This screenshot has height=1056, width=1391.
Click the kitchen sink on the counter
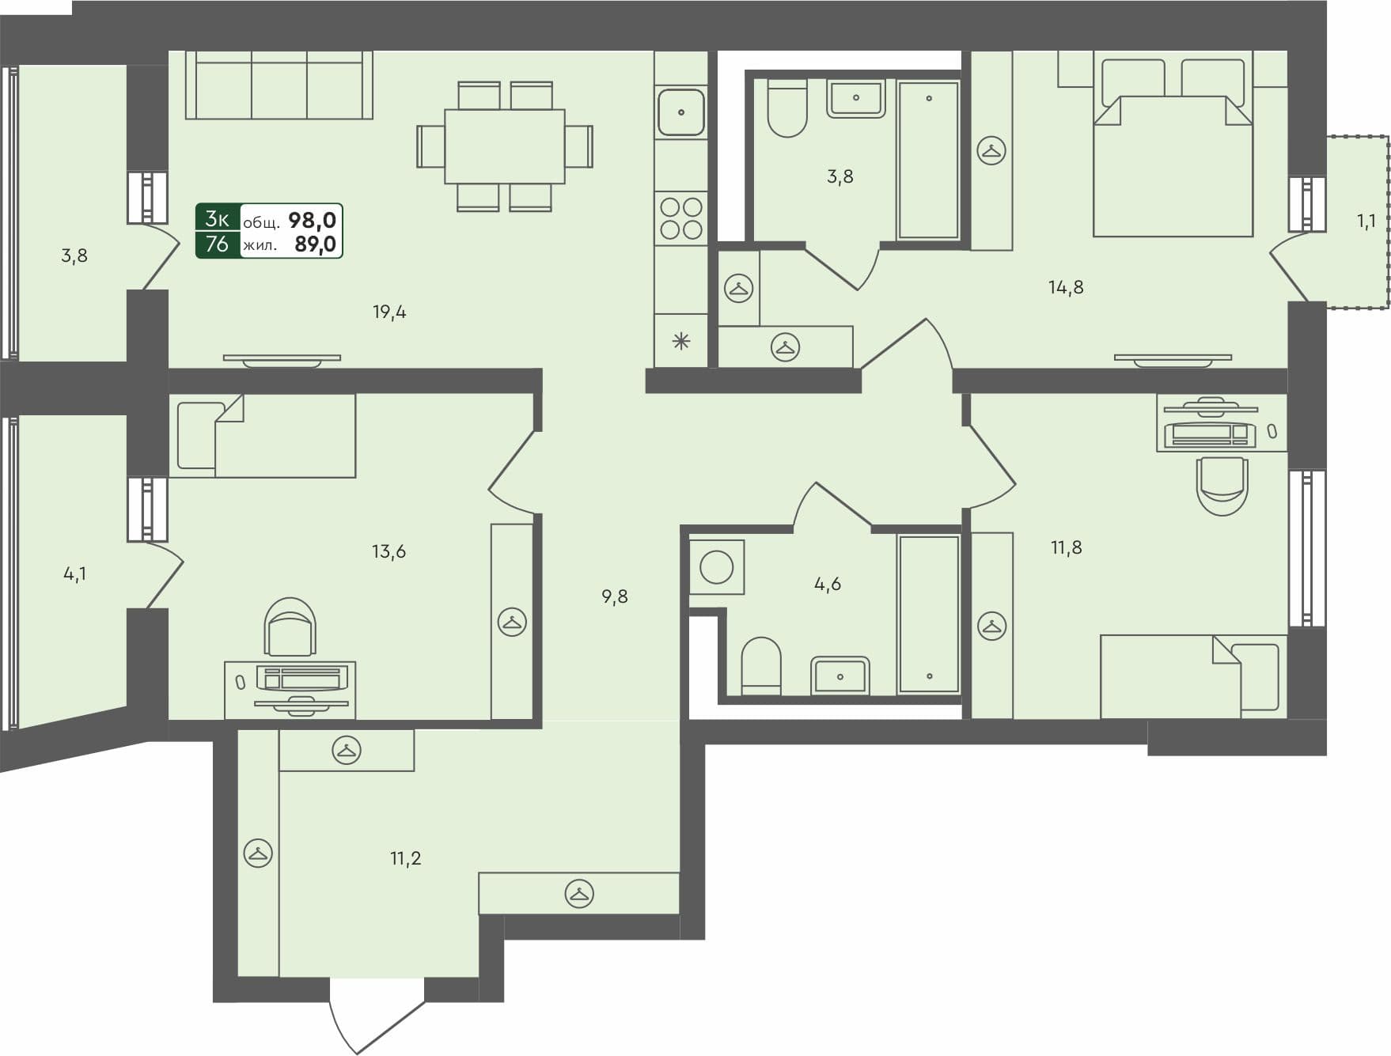pos(681,112)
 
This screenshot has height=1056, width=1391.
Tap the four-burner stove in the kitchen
pos(681,218)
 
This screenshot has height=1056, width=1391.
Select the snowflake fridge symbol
pos(681,342)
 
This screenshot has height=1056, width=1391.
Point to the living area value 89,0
pos(315,244)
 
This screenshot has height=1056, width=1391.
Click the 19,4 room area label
pos(389,312)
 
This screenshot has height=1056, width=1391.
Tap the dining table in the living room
pos(504,146)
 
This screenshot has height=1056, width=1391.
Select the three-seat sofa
pos(279,85)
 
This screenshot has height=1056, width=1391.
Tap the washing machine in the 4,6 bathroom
pos(717,567)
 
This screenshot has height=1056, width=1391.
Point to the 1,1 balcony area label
pos(1366,222)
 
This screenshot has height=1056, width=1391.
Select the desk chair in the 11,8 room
pos(1222,485)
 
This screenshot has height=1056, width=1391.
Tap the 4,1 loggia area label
pos(75,574)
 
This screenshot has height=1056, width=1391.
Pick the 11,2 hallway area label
pos(405,858)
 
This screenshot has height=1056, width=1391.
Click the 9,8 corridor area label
pos(614,597)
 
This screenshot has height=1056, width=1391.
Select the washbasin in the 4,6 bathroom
pos(840,676)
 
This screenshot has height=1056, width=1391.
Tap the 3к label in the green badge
pos(218,219)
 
